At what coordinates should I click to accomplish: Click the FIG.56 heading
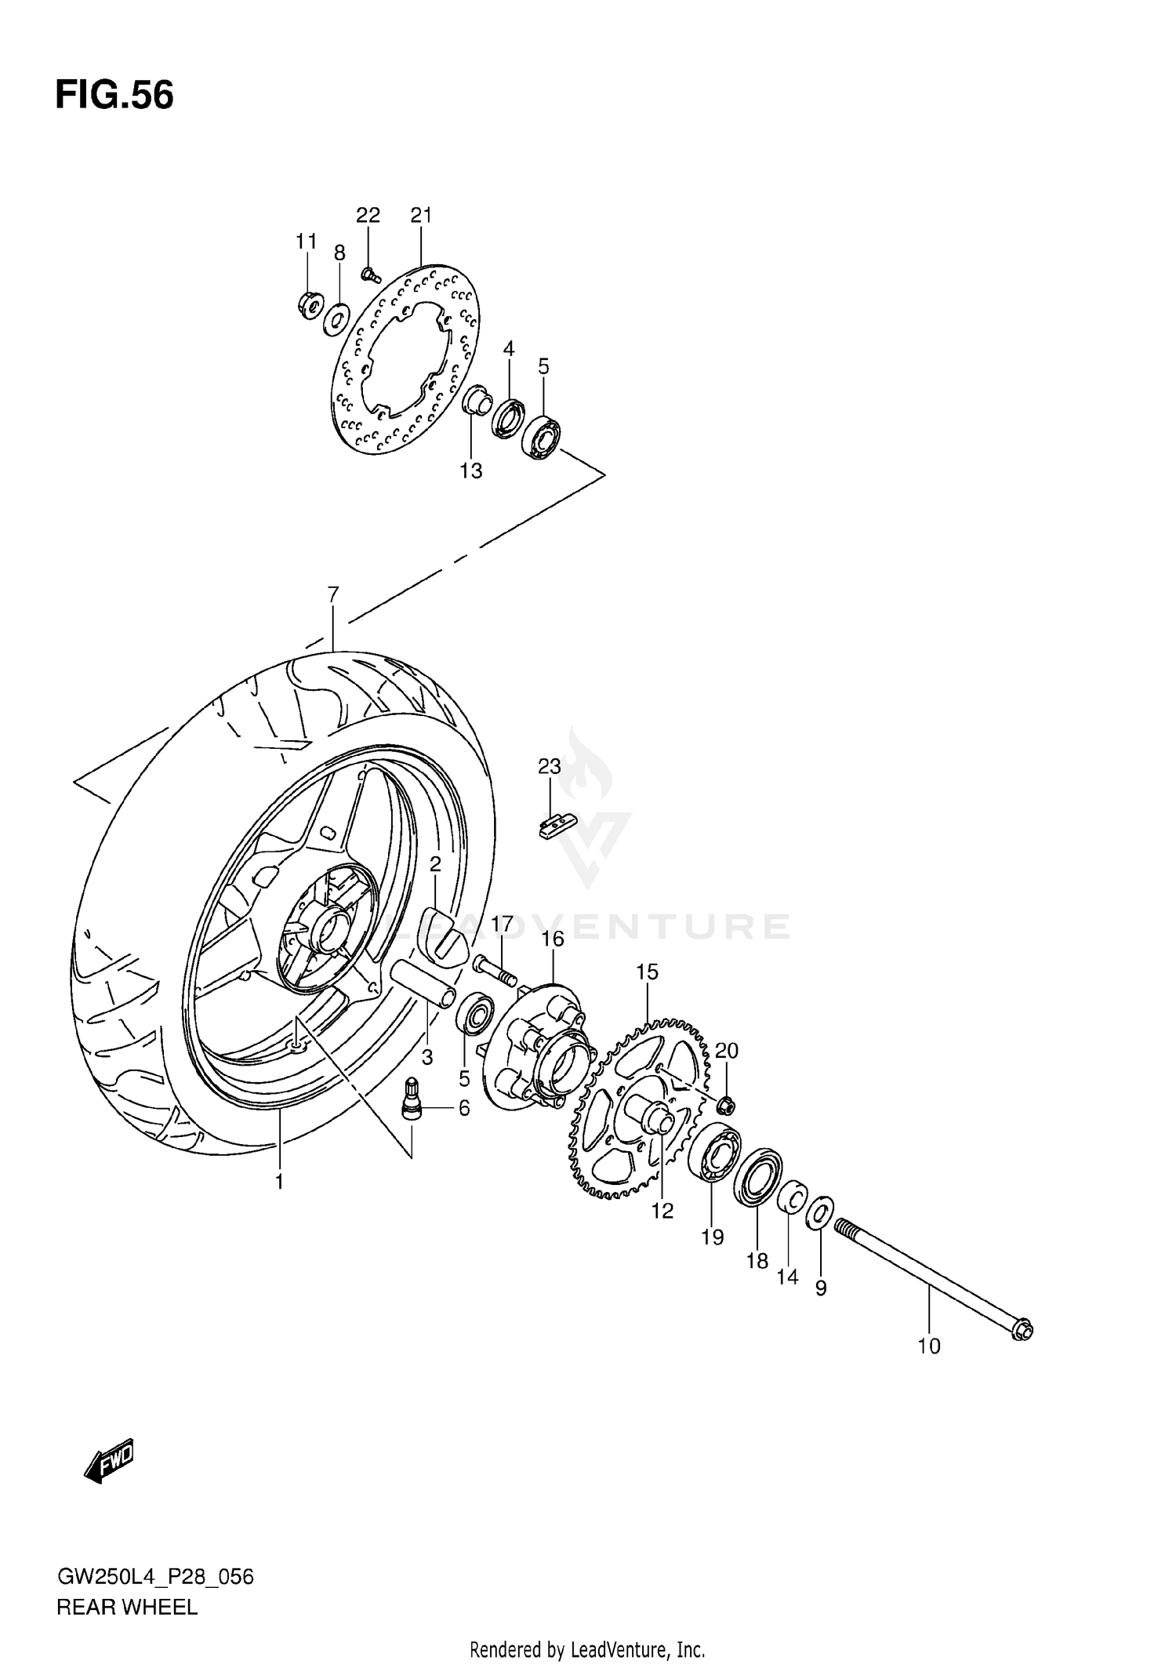[x=114, y=96]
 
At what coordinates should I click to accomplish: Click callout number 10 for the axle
[x=928, y=1346]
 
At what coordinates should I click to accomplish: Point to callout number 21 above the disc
[x=421, y=215]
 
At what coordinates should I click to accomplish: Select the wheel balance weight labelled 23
[x=557, y=827]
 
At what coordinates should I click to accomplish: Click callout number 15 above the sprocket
[x=647, y=972]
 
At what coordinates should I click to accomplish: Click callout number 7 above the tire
[x=332, y=594]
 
